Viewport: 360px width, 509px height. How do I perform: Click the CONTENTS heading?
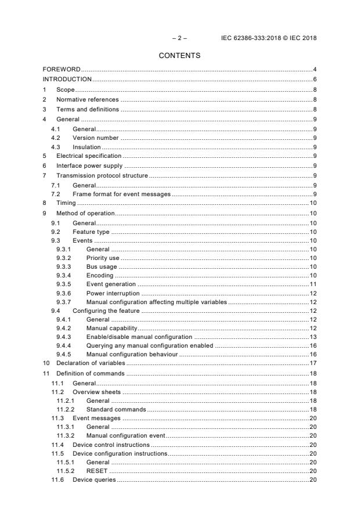(x=179, y=56)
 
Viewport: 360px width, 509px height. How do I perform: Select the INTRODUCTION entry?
(x=67, y=80)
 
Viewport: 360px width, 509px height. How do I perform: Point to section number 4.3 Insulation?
(x=55, y=147)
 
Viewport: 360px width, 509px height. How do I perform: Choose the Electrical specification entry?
(x=88, y=156)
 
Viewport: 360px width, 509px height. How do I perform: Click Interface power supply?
(x=87, y=165)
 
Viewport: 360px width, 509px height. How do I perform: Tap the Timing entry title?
(x=66, y=203)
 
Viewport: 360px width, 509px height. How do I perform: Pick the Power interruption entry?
(x=113, y=294)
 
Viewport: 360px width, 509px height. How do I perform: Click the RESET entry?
(x=96, y=471)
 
